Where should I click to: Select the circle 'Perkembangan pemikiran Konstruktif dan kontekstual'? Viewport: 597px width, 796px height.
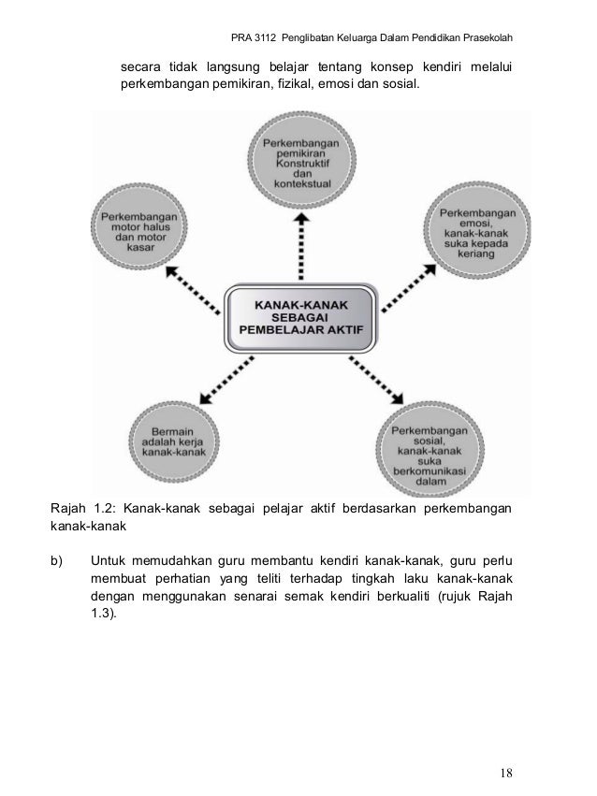click(300, 159)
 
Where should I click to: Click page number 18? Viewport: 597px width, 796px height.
click(506, 773)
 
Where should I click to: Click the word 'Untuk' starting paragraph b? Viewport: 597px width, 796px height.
click(109, 561)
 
